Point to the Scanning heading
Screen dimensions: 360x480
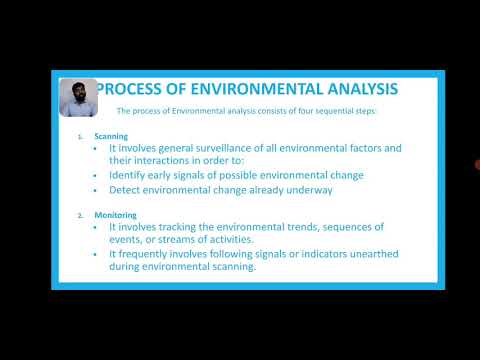tap(111, 135)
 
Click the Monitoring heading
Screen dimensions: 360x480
tap(116, 214)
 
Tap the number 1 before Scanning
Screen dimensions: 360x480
tap(80, 135)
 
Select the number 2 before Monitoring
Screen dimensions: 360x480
tap(80, 214)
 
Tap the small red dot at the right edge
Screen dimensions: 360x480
tap(477, 165)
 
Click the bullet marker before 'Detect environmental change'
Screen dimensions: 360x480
tap(102, 190)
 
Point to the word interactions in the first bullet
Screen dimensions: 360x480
tap(168, 161)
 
